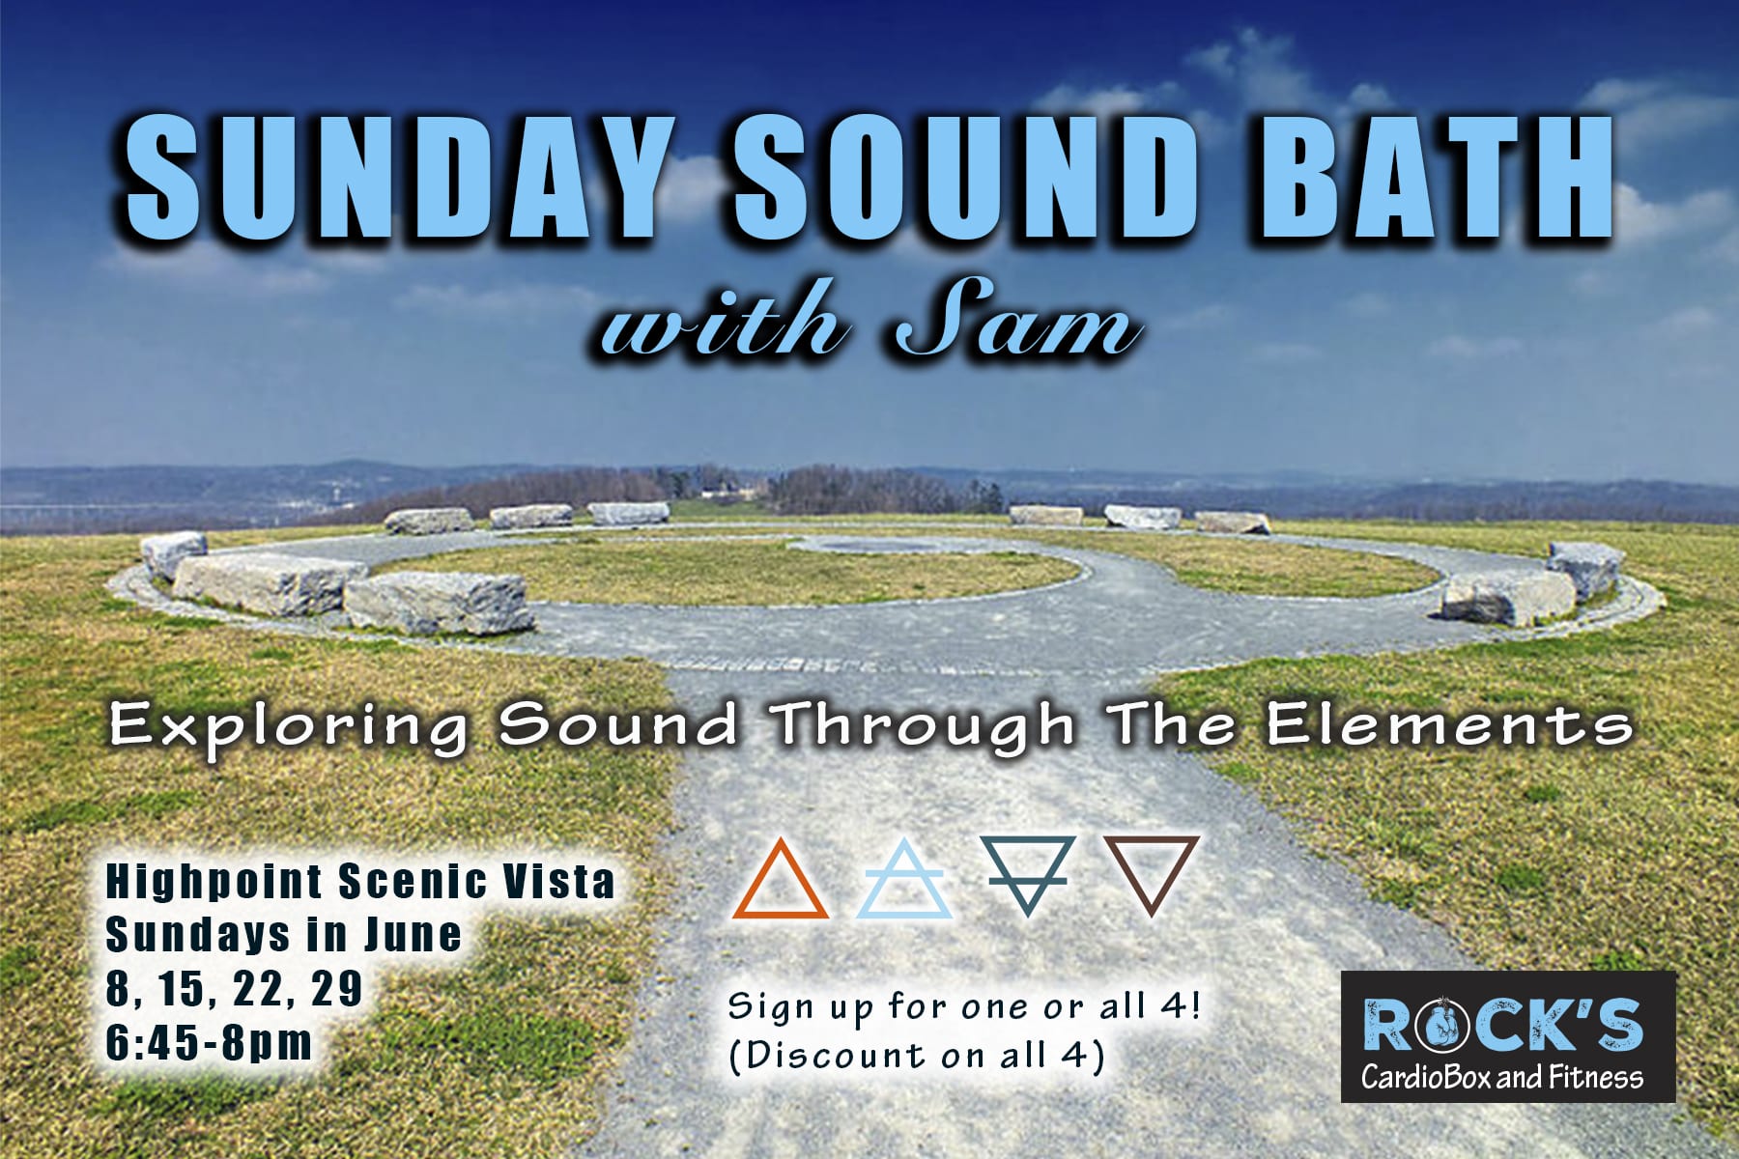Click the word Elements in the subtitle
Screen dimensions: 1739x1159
[x=1449, y=725]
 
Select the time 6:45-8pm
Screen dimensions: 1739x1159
[x=209, y=1042]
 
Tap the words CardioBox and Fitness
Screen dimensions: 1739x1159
[x=1503, y=1077]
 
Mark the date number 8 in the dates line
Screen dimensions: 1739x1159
[x=118, y=988]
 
